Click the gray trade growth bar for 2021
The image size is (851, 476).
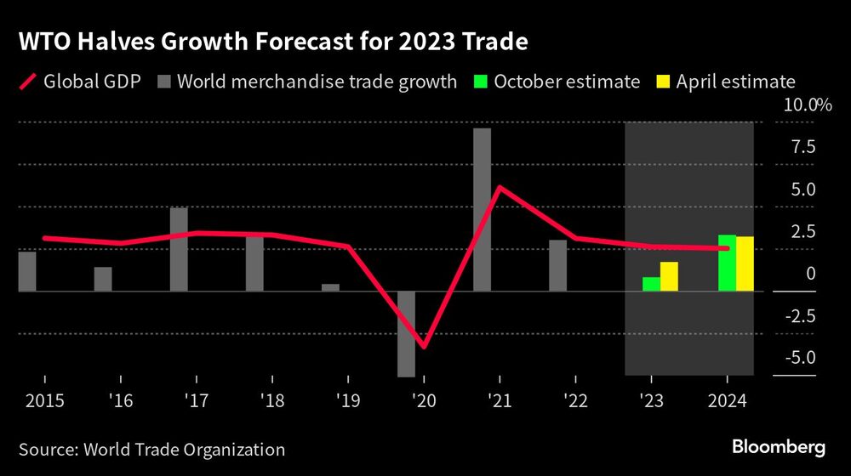click(482, 209)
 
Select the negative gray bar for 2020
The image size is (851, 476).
click(406, 333)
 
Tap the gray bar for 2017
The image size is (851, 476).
click(179, 249)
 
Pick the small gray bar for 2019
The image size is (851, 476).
click(330, 287)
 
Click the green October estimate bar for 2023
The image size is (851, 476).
click(651, 284)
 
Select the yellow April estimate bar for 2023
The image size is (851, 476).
click(669, 276)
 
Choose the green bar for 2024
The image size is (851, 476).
click(727, 263)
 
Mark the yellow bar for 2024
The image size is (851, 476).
click(745, 263)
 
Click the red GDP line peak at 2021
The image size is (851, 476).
click(500, 187)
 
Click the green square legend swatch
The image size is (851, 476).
click(479, 82)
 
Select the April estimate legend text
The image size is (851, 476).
click(735, 82)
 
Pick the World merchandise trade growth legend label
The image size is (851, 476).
click(317, 82)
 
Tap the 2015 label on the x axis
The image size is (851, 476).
click(37, 400)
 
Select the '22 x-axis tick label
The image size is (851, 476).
click(575, 400)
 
